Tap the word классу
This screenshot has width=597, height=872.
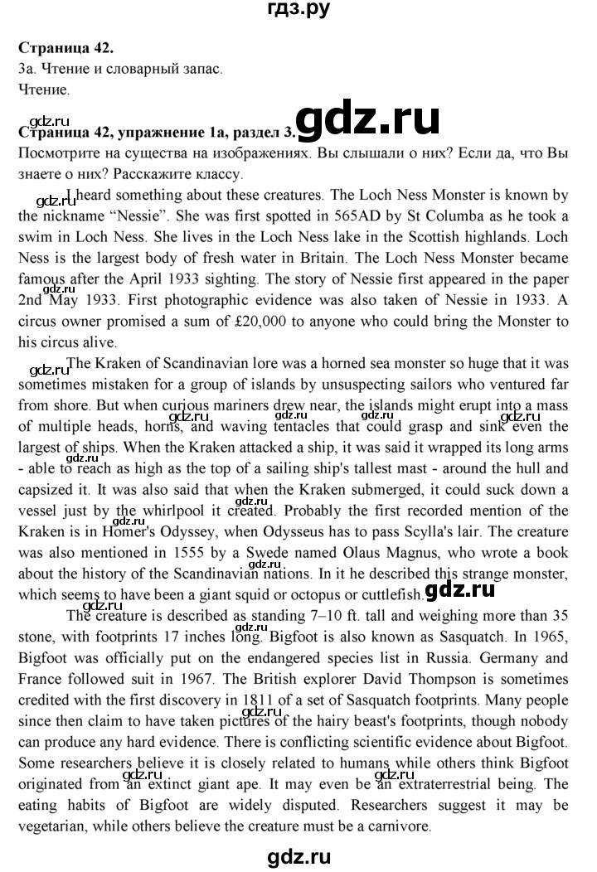point(212,175)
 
